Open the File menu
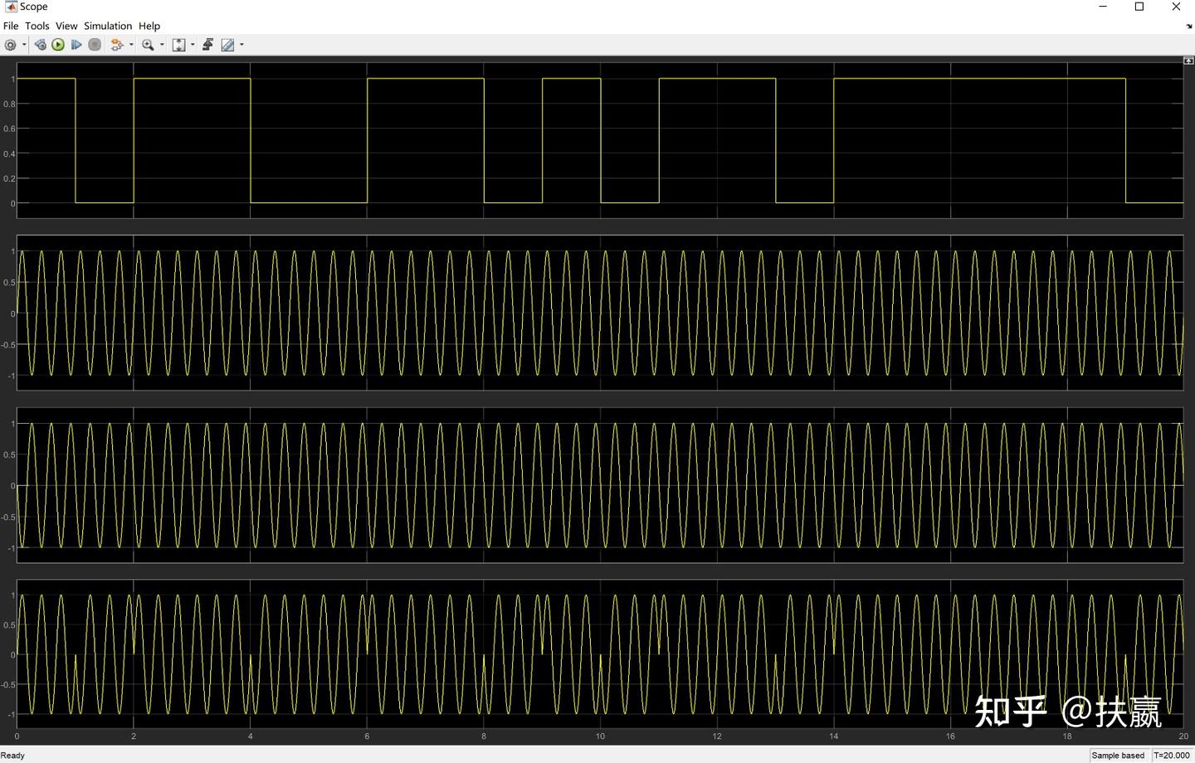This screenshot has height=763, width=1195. (11, 26)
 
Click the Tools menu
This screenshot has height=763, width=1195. (37, 26)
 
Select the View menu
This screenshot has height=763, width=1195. (66, 26)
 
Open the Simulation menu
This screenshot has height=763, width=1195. (108, 26)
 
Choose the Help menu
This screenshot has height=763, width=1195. (149, 26)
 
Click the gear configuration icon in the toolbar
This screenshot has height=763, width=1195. (11, 45)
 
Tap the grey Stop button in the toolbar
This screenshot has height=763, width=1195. (95, 45)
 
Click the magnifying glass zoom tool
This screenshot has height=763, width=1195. (148, 45)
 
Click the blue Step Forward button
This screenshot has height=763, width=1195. (76, 45)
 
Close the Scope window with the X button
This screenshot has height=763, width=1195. (1176, 7)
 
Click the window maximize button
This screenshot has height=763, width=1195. (1139, 7)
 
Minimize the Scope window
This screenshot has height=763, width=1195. (1103, 7)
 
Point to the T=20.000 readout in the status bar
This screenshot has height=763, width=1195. (1171, 756)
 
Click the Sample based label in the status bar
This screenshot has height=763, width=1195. (1118, 756)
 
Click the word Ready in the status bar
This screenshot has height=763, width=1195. (13, 756)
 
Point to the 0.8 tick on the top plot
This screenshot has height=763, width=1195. (9, 104)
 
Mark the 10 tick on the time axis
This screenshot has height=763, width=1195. (600, 736)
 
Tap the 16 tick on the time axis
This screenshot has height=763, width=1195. (950, 736)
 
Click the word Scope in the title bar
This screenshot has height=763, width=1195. (34, 7)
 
